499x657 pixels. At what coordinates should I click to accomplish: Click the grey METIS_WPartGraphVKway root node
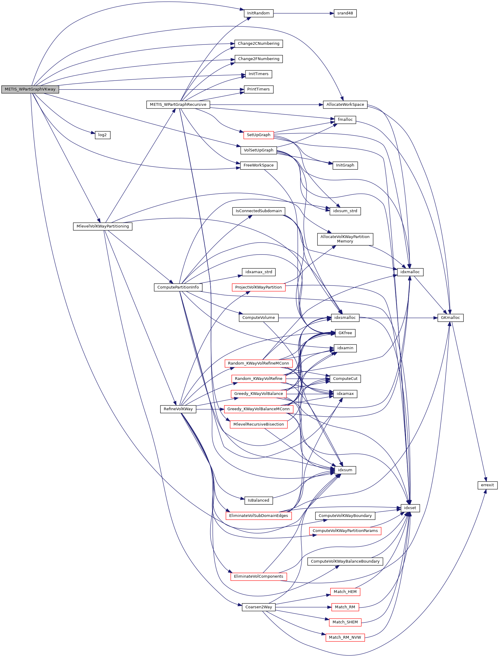point(30,89)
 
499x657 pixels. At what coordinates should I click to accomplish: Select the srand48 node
point(345,13)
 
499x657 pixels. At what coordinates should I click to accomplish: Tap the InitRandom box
point(258,13)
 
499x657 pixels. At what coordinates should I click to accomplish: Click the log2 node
point(102,135)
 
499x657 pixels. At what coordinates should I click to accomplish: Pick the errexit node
point(487,485)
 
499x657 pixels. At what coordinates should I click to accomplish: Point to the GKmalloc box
point(450,318)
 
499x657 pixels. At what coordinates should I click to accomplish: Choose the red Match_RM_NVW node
point(345,637)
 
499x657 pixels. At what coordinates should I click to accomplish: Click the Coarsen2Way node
point(258,607)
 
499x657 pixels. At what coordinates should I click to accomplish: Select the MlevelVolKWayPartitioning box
point(102,226)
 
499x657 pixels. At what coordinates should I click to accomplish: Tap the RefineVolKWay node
point(178,409)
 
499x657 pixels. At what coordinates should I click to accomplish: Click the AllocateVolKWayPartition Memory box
point(345,239)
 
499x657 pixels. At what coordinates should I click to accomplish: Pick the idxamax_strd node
point(258,272)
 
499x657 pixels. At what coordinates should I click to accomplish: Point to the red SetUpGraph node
point(258,135)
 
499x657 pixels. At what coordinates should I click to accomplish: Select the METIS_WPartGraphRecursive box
point(178,105)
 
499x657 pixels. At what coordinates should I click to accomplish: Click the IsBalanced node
point(258,500)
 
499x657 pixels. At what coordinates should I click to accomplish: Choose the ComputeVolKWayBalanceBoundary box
point(345,561)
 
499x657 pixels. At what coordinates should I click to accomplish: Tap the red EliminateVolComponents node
point(258,576)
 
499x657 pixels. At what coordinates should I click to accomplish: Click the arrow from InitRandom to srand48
point(303,13)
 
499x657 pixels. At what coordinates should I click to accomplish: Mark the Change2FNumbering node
point(258,59)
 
